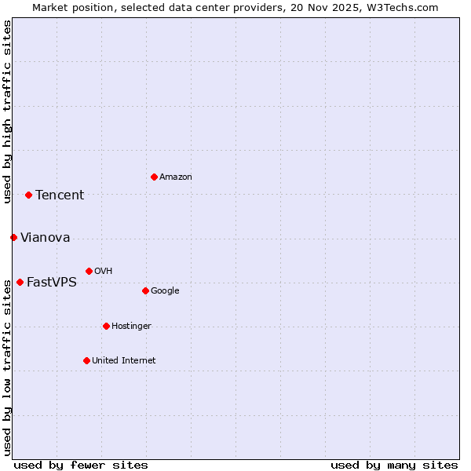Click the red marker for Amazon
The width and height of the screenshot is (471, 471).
click(x=154, y=177)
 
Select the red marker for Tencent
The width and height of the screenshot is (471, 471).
click(x=28, y=195)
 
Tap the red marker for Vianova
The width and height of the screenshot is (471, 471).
click(x=13, y=237)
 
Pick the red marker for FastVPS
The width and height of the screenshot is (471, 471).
click(x=20, y=282)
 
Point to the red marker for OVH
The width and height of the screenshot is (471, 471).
click(x=89, y=271)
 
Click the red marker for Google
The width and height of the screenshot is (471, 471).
click(x=145, y=290)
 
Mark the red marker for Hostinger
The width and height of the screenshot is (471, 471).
click(x=106, y=326)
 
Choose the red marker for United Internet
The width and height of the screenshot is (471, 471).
click(x=86, y=360)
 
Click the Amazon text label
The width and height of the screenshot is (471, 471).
click(x=176, y=177)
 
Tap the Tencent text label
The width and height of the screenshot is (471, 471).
click(x=60, y=195)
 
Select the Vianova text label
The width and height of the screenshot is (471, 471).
click(x=46, y=238)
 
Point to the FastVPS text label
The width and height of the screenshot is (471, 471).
click(x=52, y=283)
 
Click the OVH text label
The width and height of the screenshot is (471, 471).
click(x=104, y=272)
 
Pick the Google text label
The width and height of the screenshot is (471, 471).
click(x=165, y=291)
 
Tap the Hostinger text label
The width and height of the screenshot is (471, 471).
click(x=131, y=327)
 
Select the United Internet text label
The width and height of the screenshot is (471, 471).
click(x=124, y=361)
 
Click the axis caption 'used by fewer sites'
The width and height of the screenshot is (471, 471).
click(x=81, y=465)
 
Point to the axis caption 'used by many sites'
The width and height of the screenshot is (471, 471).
click(x=394, y=465)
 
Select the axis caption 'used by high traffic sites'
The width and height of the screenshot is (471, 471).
click(x=7, y=111)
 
